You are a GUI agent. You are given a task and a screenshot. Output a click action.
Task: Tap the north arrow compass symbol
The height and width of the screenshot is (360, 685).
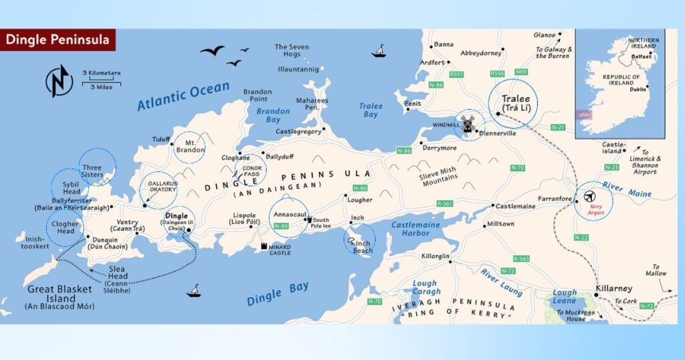[58, 81]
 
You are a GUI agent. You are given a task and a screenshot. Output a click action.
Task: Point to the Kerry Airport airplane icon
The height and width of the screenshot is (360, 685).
[589, 197]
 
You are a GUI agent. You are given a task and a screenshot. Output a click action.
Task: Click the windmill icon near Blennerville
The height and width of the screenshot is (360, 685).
[468, 123]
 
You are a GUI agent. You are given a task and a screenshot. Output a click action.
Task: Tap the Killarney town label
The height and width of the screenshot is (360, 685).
[613, 289]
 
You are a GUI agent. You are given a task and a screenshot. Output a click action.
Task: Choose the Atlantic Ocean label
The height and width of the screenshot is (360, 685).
[183, 96]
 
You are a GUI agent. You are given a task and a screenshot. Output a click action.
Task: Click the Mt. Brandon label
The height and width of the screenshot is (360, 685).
[191, 147]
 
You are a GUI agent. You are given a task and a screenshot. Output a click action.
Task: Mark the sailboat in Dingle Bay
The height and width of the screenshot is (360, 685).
[194, 290]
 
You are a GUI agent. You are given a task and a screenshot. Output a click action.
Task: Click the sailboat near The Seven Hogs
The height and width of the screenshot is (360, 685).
[379, 51]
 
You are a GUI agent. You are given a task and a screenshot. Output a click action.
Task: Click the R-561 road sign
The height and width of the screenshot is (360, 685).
[445, 203]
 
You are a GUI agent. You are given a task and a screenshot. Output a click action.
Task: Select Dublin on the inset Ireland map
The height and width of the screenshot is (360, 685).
[646, 89]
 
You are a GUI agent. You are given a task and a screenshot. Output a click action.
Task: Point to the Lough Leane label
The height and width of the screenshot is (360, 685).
[565, 296]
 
